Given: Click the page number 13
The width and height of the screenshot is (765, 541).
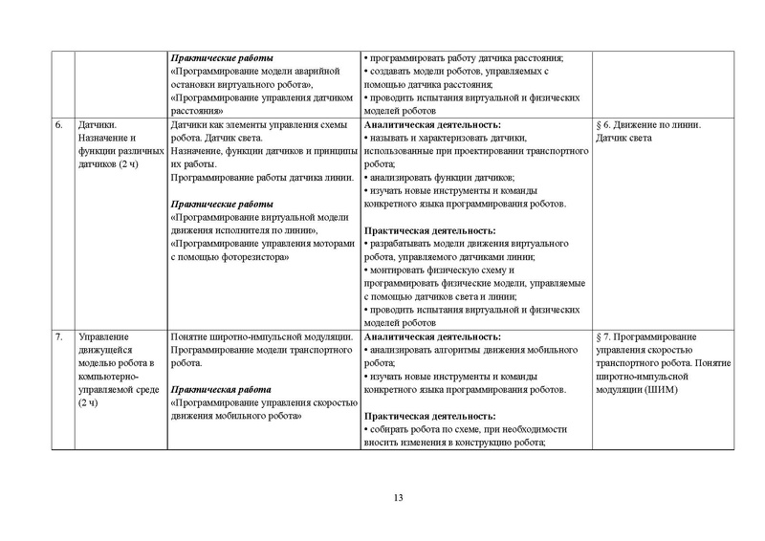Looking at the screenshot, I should pyautogui.click(x=400, y=496).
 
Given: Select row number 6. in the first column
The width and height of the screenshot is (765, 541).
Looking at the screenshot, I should pyautogui.click(x=58, y=124).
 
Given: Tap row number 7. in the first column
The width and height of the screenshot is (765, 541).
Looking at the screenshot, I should pyautogui.click(x=58, y=336).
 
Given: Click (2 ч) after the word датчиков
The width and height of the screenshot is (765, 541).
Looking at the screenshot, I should pyautogui.click(x=126, y=164).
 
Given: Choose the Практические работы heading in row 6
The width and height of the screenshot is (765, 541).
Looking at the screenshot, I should pyautogui.click(x=220, y=204).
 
